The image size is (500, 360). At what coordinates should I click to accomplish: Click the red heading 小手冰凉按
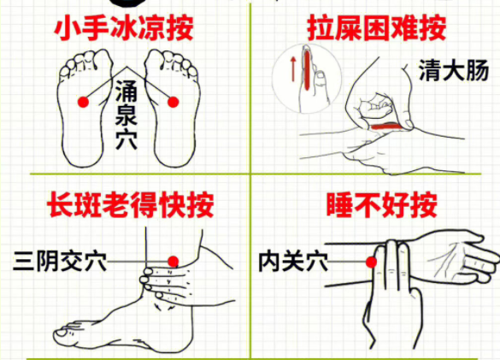click(123, 27)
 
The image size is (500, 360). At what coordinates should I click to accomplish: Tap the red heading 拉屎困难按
click(376, 27)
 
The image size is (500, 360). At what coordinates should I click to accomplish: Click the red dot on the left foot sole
click(83, 102)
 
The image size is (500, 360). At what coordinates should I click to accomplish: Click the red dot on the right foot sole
click(174, 102)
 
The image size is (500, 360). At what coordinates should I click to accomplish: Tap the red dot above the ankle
click(173, 262)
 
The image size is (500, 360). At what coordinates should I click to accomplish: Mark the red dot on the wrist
click(373, 263)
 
